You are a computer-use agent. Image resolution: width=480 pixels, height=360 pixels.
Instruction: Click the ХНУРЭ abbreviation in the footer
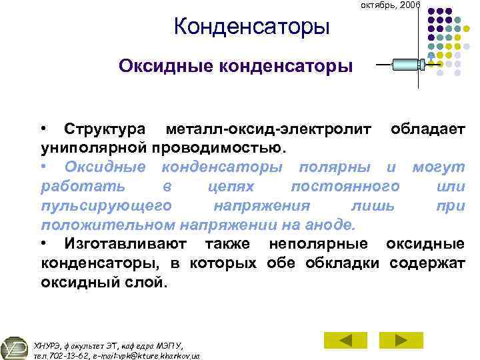[x=47, y=345]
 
